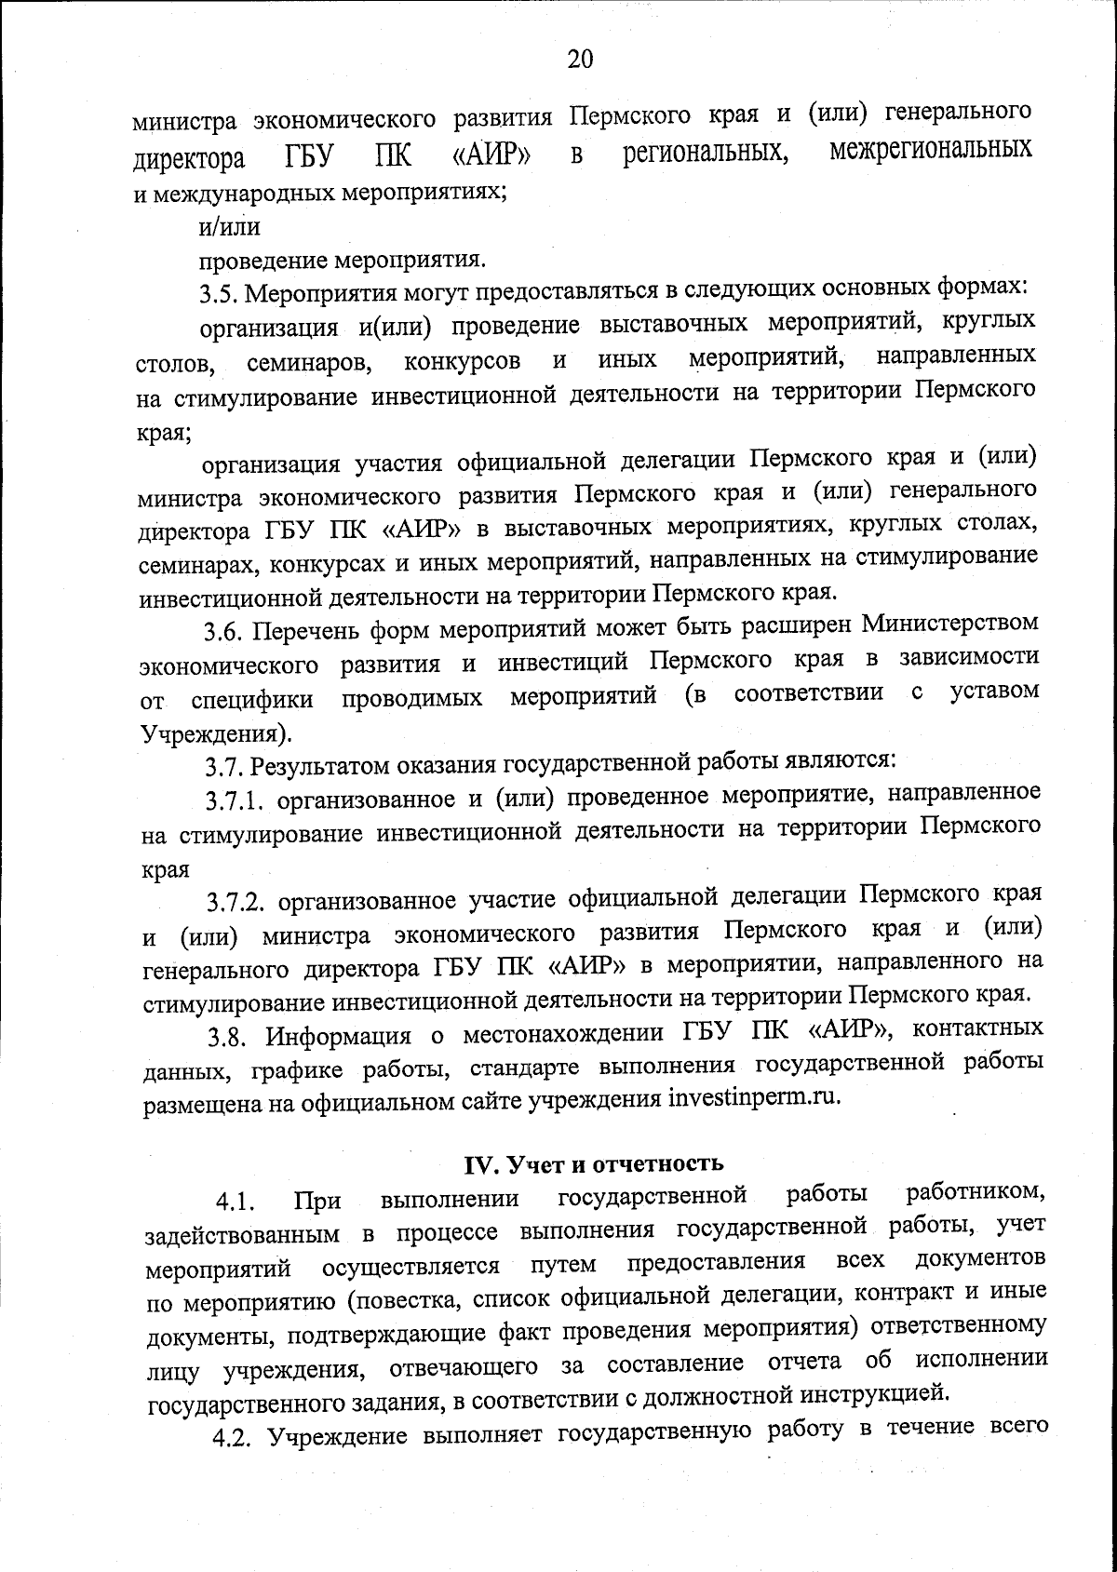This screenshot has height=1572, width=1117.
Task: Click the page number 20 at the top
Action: click(x=579, y=60)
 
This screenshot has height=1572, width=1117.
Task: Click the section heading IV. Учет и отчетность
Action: click(x=593, y=1163)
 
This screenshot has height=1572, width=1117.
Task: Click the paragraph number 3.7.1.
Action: click(x=236, y=801)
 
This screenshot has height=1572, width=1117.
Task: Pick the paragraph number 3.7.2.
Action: click(x=237, y=901)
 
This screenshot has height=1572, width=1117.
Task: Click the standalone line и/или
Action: click(x=229, y=226)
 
